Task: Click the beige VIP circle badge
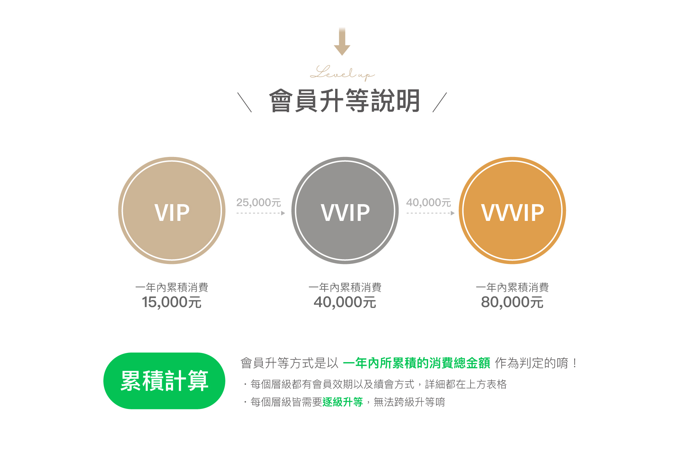click(172, 211)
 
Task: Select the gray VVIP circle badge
click(345, 211)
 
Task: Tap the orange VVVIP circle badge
click(512, 211)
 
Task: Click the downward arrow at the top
click(342, 42)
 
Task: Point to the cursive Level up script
click(342, 73)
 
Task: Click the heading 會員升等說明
click(345, 101)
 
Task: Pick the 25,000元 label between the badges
click(259, 202)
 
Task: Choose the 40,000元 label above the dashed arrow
click(429, 202)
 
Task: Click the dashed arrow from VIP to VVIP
click(261, 213)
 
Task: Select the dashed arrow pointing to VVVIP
click(431, 213)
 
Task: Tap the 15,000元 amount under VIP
click(172, 302)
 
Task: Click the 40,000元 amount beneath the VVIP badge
click(345, 302)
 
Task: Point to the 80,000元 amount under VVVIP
click(512, 302)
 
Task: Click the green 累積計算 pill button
click(164, 381)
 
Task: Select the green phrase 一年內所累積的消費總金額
click(416, 363)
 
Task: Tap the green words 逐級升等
click(343, 402)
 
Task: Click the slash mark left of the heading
click(245, 102)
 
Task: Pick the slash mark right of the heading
click(440, 102)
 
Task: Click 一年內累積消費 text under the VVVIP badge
click(512, 287)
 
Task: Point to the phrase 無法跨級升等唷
click(409, 402)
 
